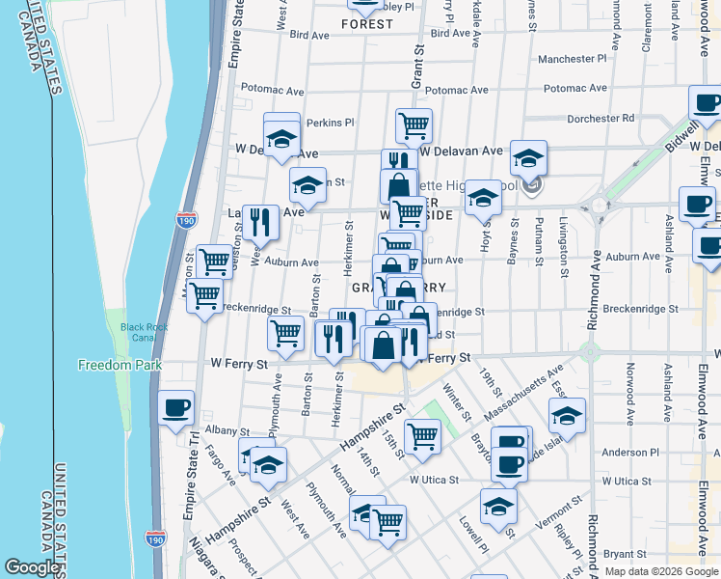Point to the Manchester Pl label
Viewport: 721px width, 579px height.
(572, 59)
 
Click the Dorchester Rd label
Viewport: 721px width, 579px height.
(600, 118)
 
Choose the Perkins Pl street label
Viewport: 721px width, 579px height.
(331, 123)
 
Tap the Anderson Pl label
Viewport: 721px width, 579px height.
(629, 452)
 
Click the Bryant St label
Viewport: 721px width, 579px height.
(625, 554)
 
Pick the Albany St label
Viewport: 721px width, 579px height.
(227, 431)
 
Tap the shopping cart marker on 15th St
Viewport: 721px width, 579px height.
(422, 435)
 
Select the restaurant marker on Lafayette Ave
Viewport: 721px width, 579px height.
(259, 223)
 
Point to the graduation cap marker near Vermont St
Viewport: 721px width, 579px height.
(498, 505)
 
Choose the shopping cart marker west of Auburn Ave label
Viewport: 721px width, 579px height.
(213, 261)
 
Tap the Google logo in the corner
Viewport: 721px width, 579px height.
(33, 567)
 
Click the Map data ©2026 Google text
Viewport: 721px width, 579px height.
(660, 571)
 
